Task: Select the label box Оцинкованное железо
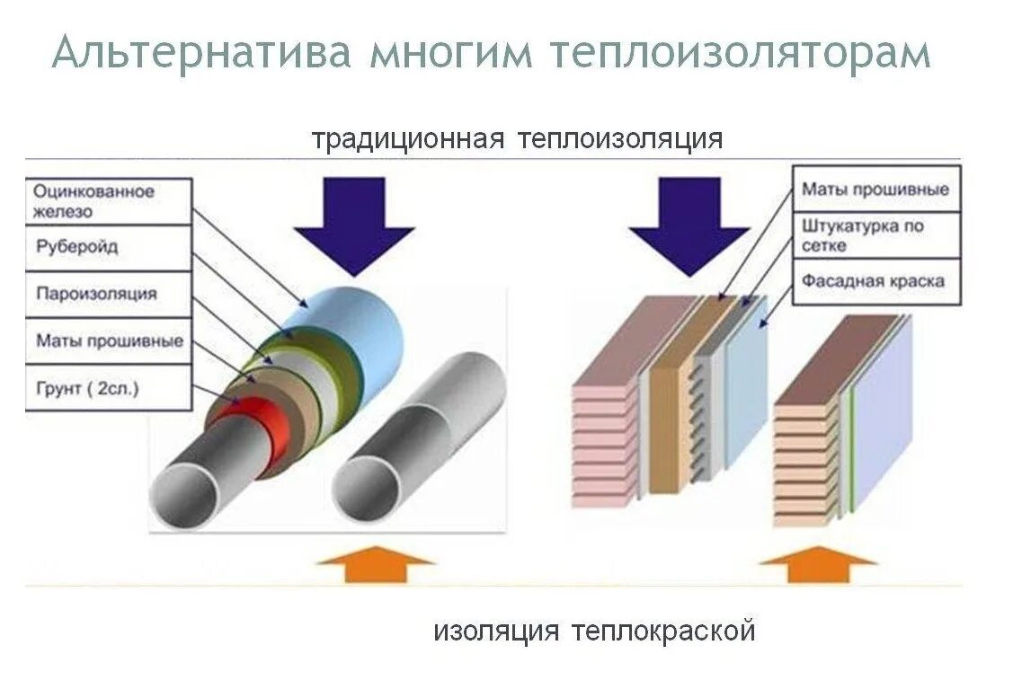point(108,201)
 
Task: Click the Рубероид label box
point(108,247)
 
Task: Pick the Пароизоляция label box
point(108,294)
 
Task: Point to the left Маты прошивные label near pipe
point(108,341)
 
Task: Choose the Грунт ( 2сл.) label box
point(108,388)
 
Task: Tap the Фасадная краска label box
point(875,281)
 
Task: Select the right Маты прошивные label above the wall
point(875,190)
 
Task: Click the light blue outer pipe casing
point(360,328)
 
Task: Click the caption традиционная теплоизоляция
point(517,139)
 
